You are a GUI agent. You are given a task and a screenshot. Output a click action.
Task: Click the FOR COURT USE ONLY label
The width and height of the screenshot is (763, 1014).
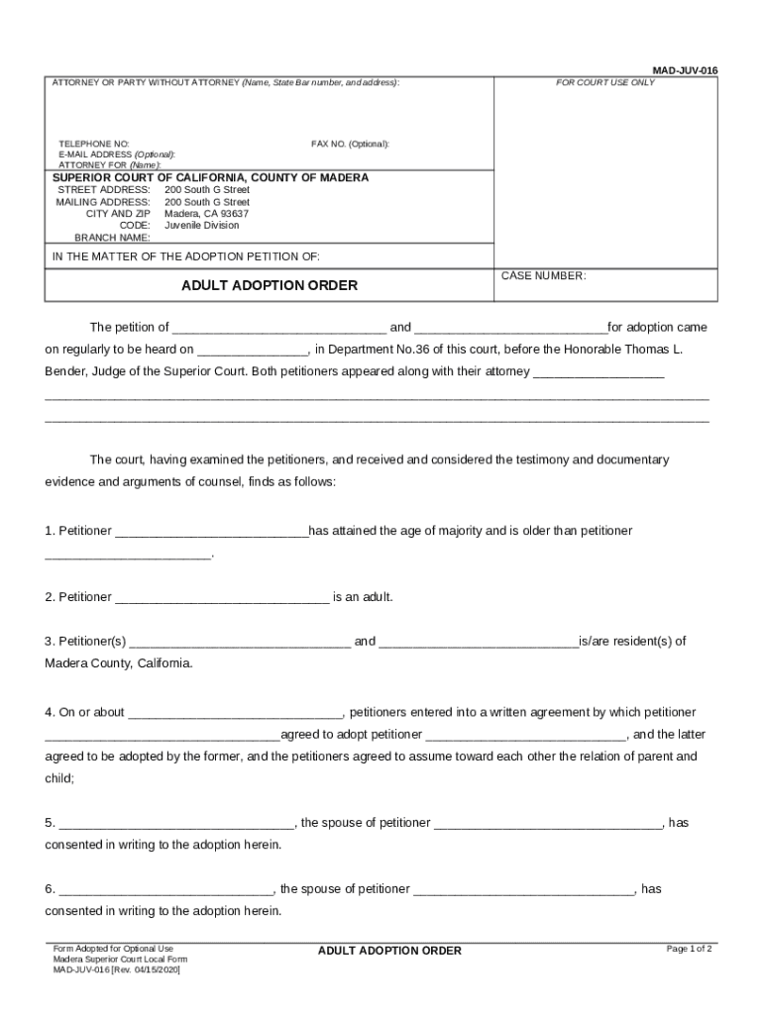(604, 82)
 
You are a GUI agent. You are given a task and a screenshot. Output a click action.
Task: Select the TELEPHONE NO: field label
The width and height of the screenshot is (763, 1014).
(94, 145)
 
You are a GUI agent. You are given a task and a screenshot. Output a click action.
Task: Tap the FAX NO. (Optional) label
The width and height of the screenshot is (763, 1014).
(350, 145)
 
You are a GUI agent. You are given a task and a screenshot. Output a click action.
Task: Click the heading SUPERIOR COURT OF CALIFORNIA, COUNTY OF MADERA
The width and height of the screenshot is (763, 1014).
(210, 178)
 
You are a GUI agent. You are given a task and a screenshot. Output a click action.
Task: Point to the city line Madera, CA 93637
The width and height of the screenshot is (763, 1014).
(206, 214)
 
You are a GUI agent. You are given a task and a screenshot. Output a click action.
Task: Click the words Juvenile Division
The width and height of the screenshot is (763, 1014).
(201, 226)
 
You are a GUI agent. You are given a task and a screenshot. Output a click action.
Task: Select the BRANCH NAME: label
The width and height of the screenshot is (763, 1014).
(112, 238)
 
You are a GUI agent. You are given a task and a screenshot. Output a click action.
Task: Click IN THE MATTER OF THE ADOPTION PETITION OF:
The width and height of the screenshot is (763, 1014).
(185, 256)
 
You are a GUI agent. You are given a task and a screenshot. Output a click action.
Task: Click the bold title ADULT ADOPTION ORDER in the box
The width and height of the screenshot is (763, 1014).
(269, 285)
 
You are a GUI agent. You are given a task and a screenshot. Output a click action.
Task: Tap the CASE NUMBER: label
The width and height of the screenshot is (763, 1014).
(543, 276)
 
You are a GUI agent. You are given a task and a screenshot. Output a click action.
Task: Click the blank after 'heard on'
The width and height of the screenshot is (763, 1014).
(253, 351)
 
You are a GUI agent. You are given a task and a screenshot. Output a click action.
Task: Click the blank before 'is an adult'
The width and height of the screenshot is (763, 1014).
(222, 598)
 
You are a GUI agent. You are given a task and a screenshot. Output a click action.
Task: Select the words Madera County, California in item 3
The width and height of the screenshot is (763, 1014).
(119, 663)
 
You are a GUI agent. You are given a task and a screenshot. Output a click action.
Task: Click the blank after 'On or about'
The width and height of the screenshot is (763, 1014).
(235, 713)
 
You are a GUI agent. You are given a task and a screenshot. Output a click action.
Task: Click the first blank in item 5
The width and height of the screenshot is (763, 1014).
(176, 824)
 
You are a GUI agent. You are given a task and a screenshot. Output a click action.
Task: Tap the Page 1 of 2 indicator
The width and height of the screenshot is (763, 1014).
(689, 949)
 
